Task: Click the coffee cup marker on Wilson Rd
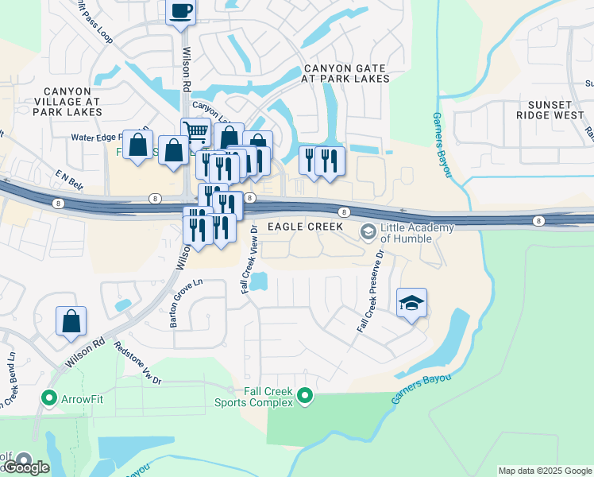(x=180, y=11)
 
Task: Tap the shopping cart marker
(x=195, y=131)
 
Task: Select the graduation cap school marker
(x=411, y=303)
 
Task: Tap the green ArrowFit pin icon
(x=48, y=397)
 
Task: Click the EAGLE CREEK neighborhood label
(x=305, y=227)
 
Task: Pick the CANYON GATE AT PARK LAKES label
(x=345, y=73)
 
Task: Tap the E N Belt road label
(x=69, y=175)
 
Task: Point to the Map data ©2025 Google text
(x=545, y=471)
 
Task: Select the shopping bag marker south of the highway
(x=71, y=320)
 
